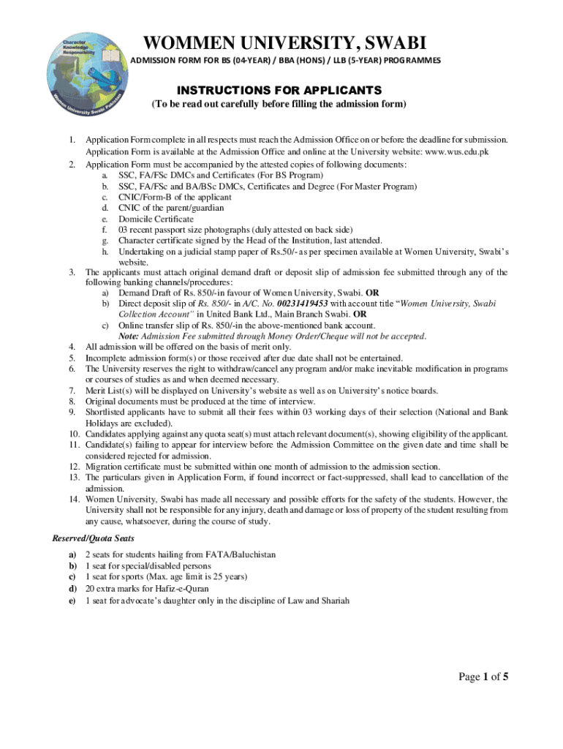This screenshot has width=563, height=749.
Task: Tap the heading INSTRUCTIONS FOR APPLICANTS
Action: click(x=279, y=90)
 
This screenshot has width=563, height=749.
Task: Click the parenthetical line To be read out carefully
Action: click(x=279, y=105)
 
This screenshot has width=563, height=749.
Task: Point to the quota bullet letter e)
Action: click(x=72, y=601)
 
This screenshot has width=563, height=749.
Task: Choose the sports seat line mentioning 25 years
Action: click(x=165, y=577)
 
